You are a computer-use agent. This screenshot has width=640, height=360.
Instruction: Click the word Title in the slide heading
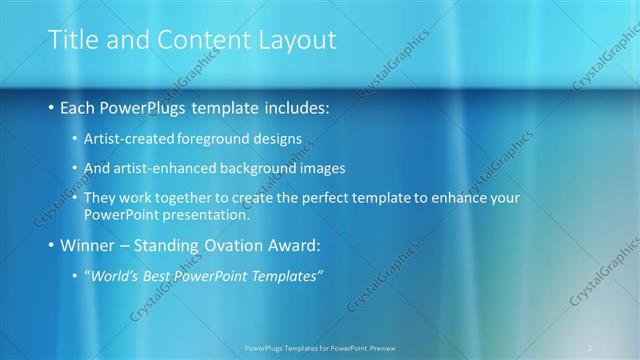click(72, 39)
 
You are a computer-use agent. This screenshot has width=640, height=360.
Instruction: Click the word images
click(338, 168)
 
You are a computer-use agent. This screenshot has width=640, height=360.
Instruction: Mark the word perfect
click(336, 198)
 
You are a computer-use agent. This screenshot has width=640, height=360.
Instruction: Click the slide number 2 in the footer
click(590, 347)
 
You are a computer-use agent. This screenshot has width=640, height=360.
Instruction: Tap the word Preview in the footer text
click(379, 347)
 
